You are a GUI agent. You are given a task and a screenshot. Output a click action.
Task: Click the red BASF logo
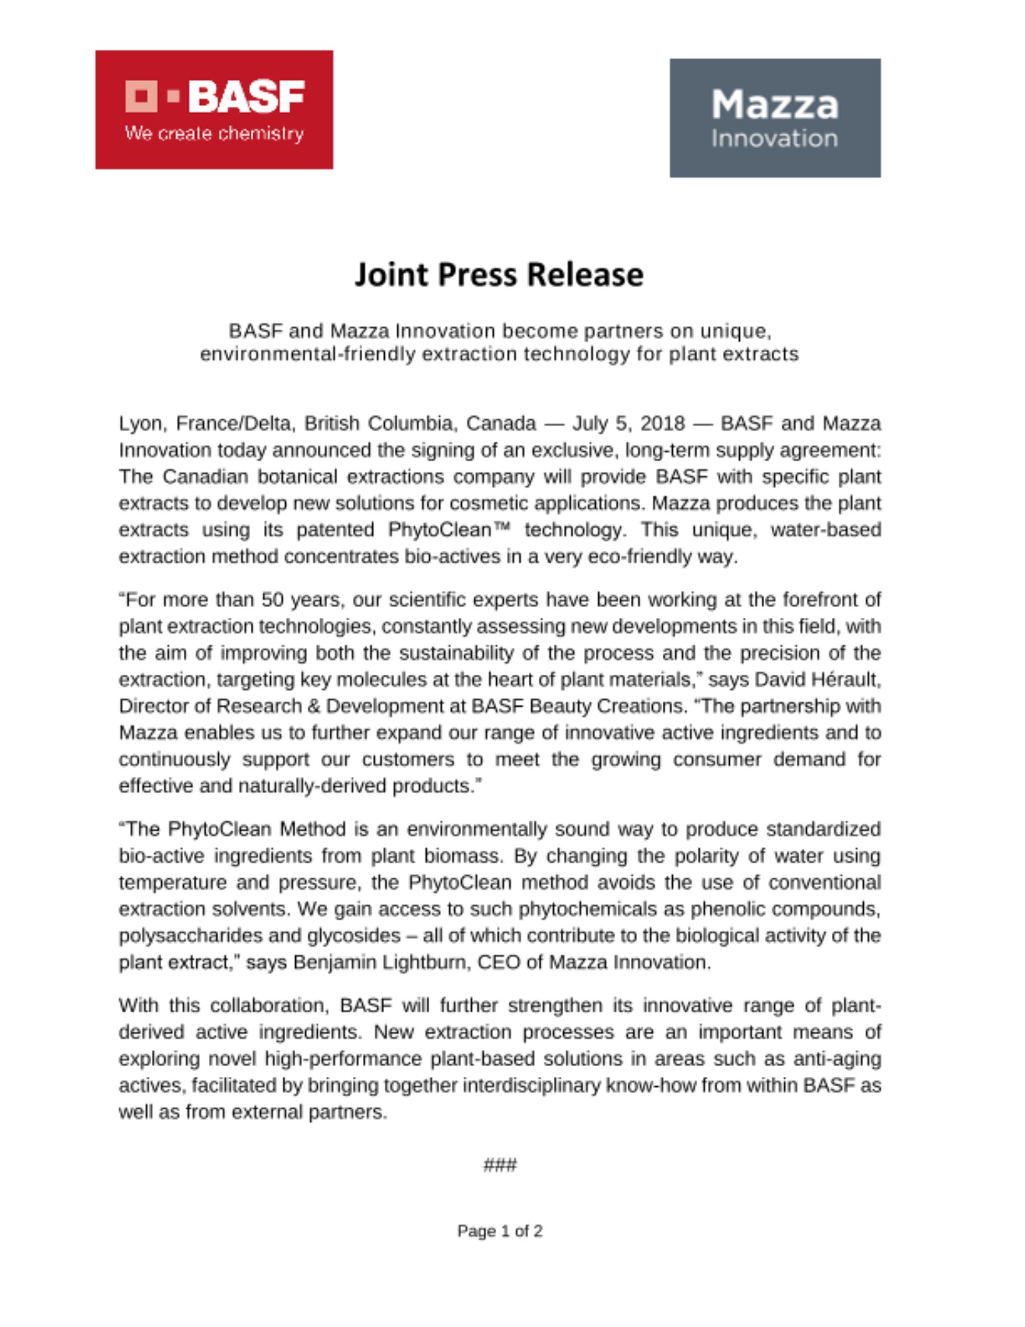coord(214,109)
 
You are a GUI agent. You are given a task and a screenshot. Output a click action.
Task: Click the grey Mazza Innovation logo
coord(774,118)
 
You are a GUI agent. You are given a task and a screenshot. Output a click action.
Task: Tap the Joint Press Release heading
coord(499,275)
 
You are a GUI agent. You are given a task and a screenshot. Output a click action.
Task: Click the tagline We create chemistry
coord(214,134)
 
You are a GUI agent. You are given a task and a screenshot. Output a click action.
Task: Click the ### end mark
coord(500,1165)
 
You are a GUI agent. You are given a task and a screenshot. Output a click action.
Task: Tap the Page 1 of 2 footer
coord(500,1231)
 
